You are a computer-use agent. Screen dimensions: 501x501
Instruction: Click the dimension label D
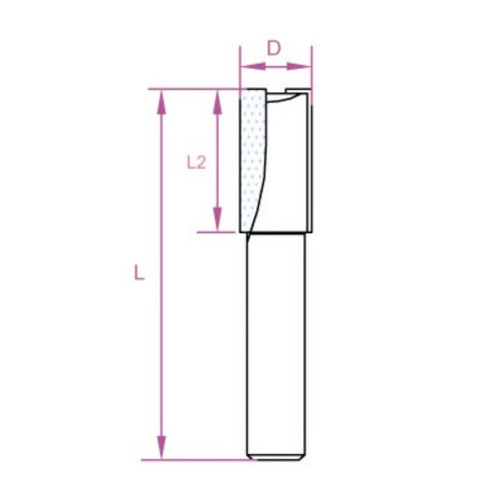[x=274, y=49]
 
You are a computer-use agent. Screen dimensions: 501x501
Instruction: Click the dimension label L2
[x=196, y=163]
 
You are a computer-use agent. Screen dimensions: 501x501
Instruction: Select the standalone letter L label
[x=138, y=273]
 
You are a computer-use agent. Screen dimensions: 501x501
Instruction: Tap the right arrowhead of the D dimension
[x=299, y=66]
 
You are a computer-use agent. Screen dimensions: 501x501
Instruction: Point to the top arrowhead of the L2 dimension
[x=217, y=102]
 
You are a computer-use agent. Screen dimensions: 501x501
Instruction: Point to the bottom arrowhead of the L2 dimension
[x=217, y=219]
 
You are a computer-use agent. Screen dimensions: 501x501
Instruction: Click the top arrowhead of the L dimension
[x=162, y=102]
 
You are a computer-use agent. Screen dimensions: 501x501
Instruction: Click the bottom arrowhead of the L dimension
[x=162, y=447]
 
